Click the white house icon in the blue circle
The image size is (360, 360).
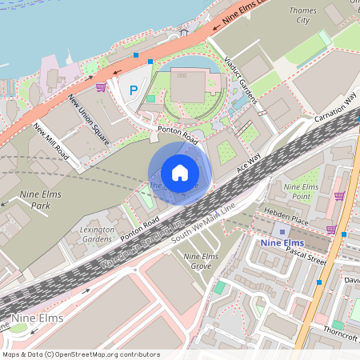coord(179,172)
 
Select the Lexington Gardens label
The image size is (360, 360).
coord(98,234)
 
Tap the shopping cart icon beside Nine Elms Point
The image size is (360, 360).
coord(340,195)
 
